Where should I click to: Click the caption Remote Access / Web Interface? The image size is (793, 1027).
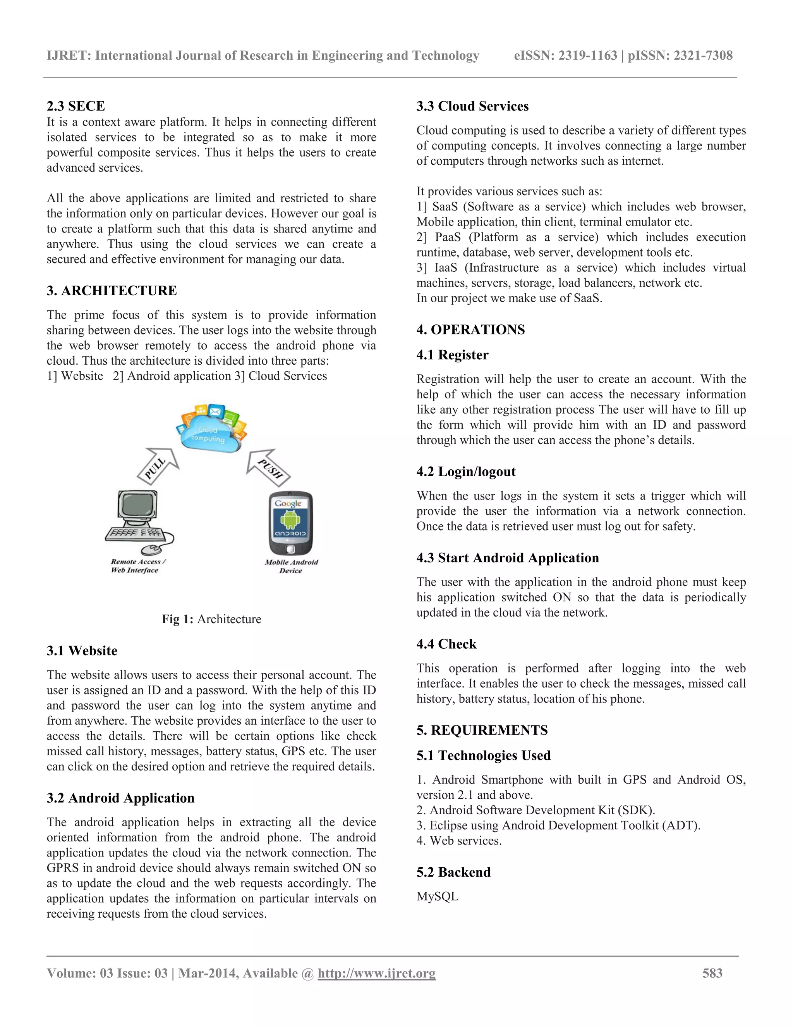137,566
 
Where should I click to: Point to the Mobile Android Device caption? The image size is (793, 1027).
291,566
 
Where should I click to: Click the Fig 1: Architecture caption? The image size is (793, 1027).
211,619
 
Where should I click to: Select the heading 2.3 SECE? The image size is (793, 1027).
76,106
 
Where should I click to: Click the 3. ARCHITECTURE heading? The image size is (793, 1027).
112,291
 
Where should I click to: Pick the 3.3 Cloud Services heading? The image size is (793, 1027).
472,106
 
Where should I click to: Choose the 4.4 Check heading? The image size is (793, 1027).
446,644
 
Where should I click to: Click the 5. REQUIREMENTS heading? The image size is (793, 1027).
482,730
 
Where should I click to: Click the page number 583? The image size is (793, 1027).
712,973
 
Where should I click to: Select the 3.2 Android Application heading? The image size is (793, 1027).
120,798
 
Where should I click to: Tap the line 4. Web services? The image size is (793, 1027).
459,840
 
